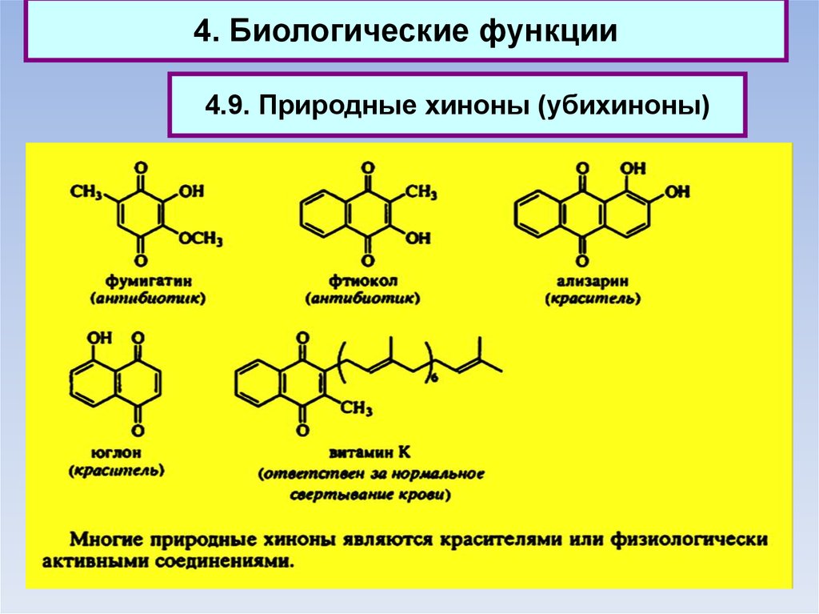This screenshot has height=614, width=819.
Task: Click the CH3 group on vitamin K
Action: coord(358,409)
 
